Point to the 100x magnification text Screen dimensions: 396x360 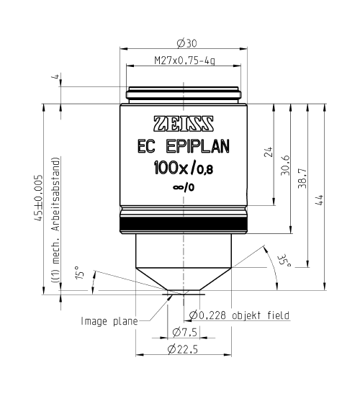[x=171, y=170]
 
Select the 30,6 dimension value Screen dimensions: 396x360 [x=285, y=164]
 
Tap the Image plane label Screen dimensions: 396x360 [x=108, y=321]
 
